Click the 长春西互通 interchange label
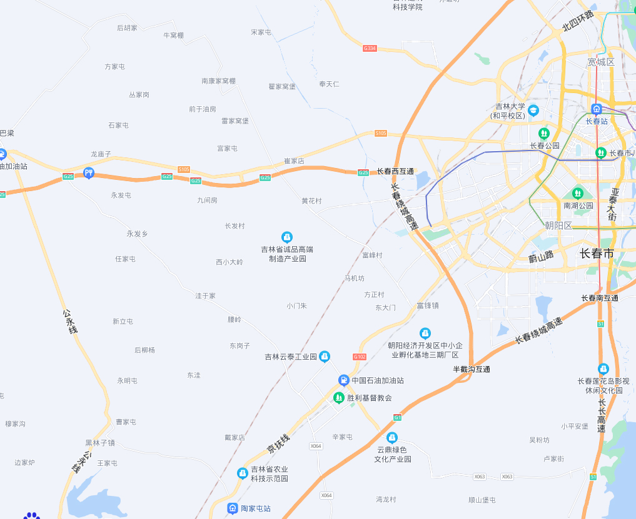click(395, 171)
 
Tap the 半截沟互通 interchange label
click(472, 369)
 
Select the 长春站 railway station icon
click(597, 109)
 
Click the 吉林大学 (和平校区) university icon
click(533, 111)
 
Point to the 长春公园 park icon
click(544, 133)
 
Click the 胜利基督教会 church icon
click(338, 397)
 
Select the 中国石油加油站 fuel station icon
click(343, 380)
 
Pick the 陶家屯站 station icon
click(233, 508)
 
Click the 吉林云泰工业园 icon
click(325, 357)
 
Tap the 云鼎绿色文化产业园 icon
click(392, 437)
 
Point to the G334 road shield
click(370, 48)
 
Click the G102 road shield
click(359, 357)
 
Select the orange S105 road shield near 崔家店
click(381, 133)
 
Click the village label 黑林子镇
click(100, 443)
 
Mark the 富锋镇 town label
click(428, 305)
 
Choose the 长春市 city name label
click(597, 253)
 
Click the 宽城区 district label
click(601, 62)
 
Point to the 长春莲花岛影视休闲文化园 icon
click(603, 369)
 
